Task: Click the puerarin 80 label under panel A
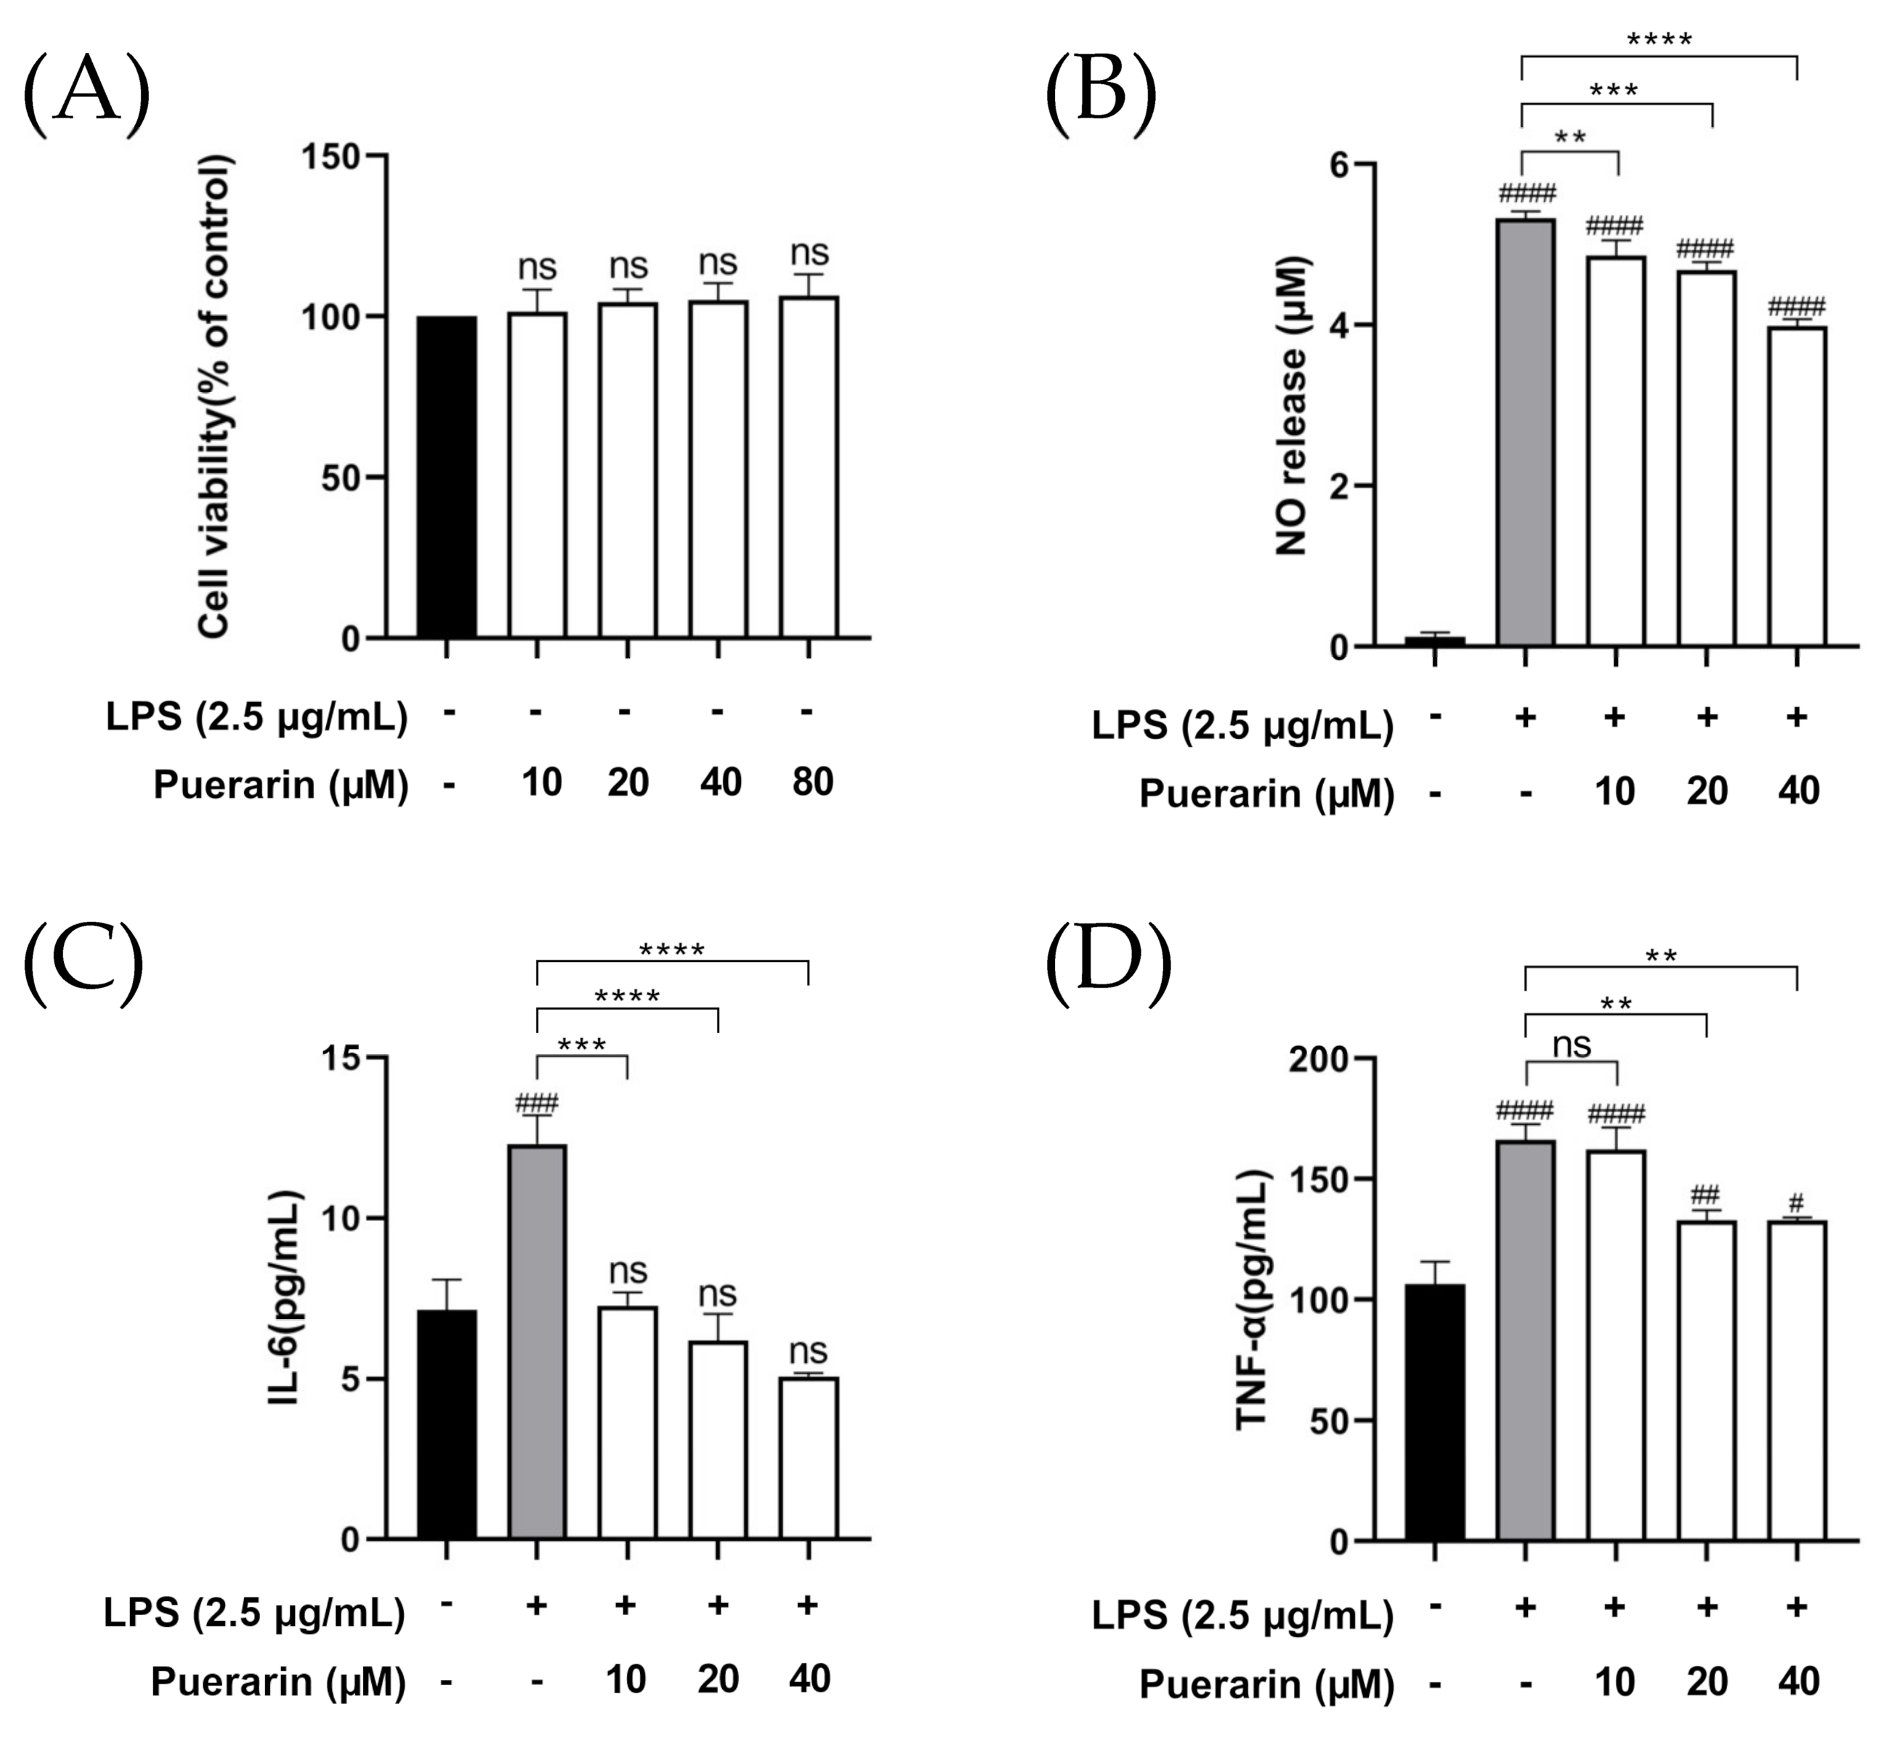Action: pyautogui.click(x=812, y=782)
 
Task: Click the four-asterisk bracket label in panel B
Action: pyautogui.click(x=1659, y=40)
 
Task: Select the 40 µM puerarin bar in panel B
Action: pyautogui.click(x=1797, y=487)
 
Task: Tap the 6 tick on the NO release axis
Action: pyautogui.click(x=1339, y=164)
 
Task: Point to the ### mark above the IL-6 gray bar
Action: pyautogui.click(x=537, y=1103)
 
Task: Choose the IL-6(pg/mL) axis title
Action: pyautogui.click(x=284, y=1298)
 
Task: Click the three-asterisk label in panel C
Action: pyautogui.click(x=582, y=1045)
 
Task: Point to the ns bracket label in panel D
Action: pyautogui.click(x=1572, y=1045)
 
